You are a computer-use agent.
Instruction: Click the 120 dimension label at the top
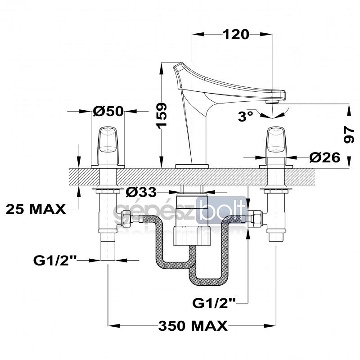[236, 35]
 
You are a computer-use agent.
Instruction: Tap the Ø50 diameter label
[108, 111]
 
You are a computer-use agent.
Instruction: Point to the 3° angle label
[245, 116]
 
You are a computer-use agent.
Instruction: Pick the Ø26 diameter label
[324, 157]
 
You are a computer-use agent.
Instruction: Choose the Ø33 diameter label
[141, 192]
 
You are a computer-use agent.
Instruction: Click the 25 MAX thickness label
[36, 209]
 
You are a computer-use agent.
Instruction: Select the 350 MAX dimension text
[193, 325]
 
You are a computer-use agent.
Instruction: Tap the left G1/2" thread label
[55, 261]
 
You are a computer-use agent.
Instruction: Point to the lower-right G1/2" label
[214, 303]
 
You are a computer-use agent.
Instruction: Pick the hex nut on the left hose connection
[126, 219]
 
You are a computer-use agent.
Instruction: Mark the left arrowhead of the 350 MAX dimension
[114, 325]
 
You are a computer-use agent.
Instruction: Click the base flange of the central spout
[192, 166]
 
